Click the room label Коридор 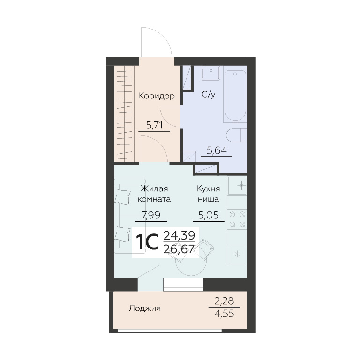157,96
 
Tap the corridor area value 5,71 154,125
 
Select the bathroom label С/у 209,94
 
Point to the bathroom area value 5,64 217,150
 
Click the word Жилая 154,189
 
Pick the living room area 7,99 151,215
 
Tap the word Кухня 209,189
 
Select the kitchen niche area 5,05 209,215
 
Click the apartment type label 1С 147,242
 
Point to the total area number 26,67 179,249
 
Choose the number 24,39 179,235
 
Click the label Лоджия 145,308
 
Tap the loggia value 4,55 225,314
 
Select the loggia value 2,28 225,300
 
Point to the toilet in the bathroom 236,135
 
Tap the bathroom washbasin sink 211,73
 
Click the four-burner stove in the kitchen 237,219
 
